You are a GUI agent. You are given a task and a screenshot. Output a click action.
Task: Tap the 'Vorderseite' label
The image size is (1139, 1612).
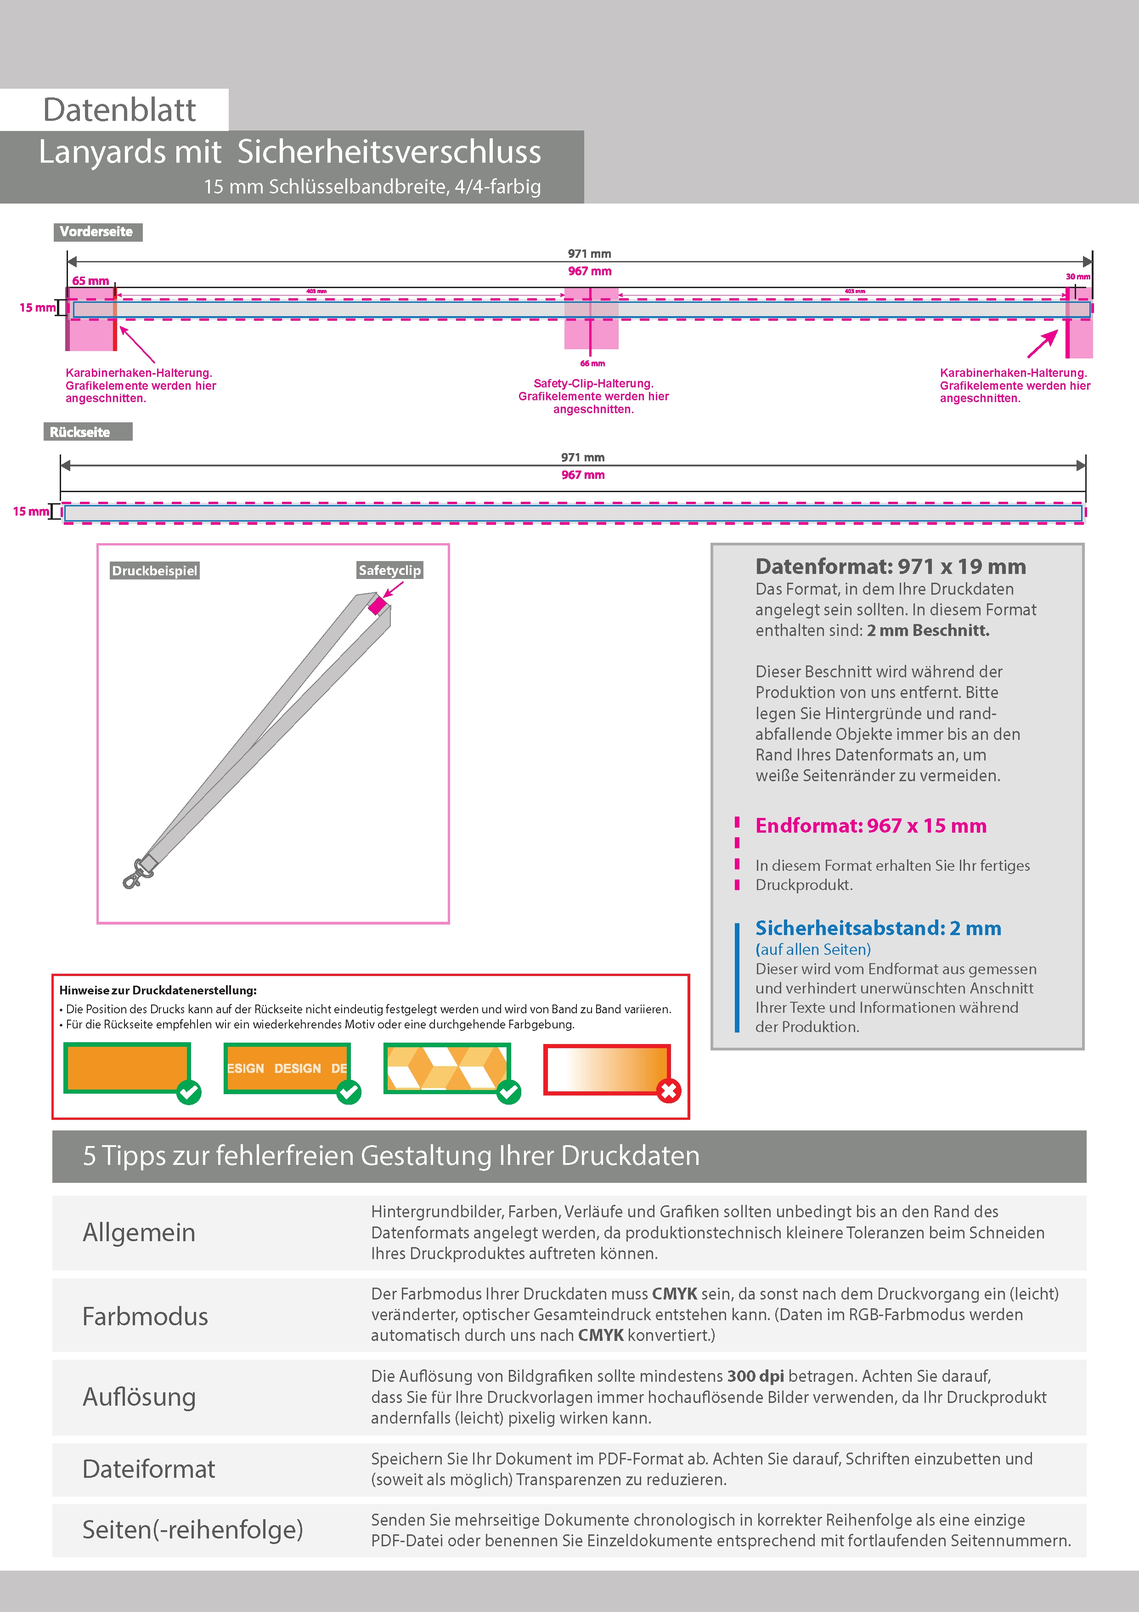pos(97,232)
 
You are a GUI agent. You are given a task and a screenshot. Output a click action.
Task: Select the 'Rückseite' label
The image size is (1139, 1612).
pos(80,432)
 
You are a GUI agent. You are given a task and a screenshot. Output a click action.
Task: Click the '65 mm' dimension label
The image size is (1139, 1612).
pos(90,281)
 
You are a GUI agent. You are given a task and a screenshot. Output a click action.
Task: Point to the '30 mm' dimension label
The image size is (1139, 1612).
pos(1077,277)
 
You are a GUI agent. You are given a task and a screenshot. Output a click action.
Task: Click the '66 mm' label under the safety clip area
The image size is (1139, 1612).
pos(592,363)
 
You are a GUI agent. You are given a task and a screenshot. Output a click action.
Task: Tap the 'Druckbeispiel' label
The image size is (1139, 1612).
pos(154,571)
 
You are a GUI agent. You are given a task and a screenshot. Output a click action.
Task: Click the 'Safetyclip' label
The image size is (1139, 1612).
pos(389,570)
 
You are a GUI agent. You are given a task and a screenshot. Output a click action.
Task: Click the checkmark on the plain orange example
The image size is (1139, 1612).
pos(189,1092)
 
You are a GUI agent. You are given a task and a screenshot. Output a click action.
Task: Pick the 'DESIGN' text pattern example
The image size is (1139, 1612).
pos(286,1068)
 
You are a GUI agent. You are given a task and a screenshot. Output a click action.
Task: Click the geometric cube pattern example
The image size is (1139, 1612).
pos(446,1068)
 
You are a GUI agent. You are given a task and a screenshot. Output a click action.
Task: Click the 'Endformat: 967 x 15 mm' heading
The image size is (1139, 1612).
pos(870,826)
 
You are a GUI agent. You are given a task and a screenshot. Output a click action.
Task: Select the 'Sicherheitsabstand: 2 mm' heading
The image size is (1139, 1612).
pos(878,928)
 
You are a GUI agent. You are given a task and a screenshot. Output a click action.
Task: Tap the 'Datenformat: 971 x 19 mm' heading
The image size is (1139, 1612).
pos(890,567)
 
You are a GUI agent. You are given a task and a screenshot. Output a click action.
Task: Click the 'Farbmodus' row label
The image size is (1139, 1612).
pos(145,1317)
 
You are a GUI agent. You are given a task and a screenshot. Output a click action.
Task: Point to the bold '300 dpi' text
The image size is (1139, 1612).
pos(755,1376)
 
